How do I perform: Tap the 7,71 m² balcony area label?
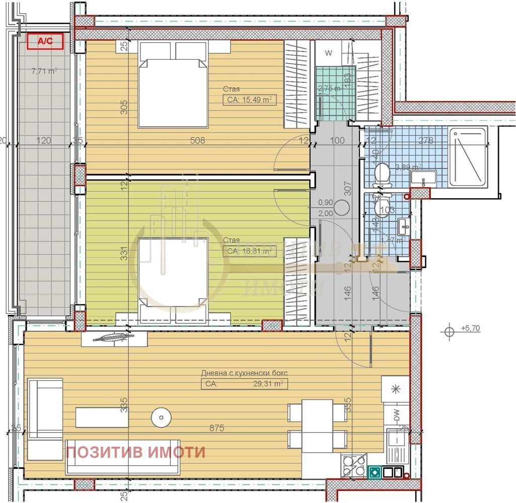(44, 71)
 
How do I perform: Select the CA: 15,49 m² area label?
(250, 100)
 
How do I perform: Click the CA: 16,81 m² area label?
(250, 250)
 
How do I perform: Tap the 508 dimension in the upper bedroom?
(198, 141)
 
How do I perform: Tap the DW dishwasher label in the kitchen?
(396, 415)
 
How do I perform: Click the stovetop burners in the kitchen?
(353, 465)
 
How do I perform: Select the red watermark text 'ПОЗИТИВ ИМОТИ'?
(136, 452)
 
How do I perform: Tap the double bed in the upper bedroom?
(173, 85)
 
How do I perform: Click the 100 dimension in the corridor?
(338, 141)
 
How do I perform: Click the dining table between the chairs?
(317, 426)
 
